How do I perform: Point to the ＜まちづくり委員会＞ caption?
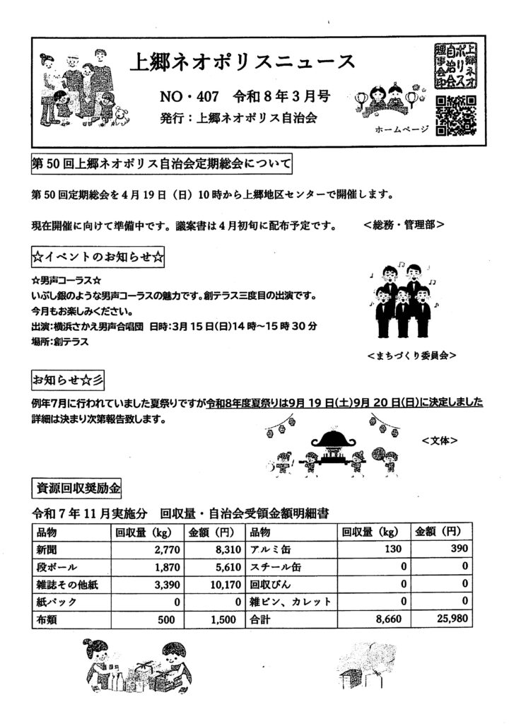(411, 356)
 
